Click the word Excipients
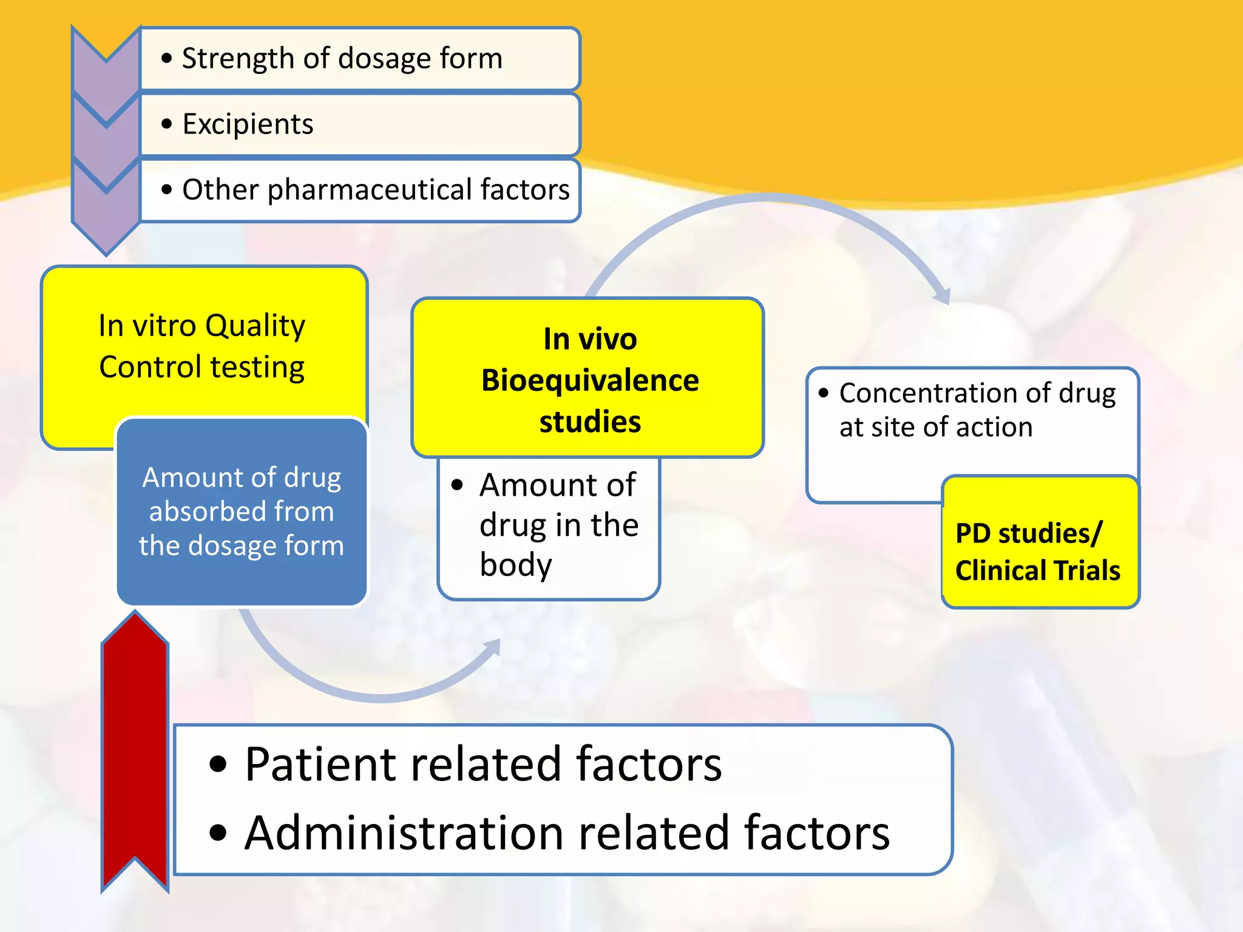pyautogui.click(x=248, y=124)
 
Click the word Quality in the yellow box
pyautogui.click(x=255, y=326)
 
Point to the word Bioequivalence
pyautogui.click(x=590, y=381)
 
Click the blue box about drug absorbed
pyautogui.click(x=242, y=512)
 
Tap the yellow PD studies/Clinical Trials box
pyautogui.click(x=1040, y=542)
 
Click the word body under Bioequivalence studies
pyautogui.click(x=516, y=565)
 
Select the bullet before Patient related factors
pyautogui.click(x=217, y=765)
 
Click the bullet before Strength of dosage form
pyautogui.click(x=167, y=59)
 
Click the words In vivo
pyautogui.click(x=590, y=339)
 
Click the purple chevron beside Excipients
pyautogui.click(x=106, y=124)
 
